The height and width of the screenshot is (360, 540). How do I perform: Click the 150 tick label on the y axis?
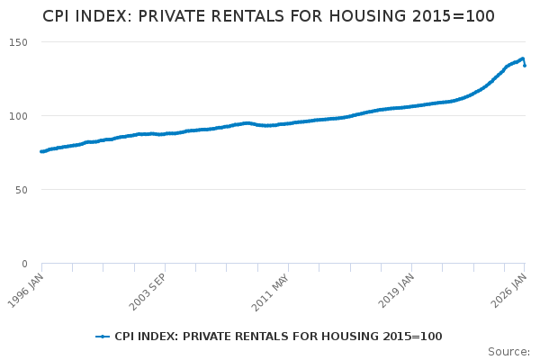[x=18, y=42]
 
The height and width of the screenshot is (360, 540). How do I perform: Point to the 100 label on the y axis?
[x=18, y=116]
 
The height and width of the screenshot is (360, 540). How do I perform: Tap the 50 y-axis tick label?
[x=22, y=190]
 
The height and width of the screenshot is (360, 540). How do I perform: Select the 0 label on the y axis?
[x=24, y=264]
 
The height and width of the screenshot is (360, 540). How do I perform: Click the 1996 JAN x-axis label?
[x=26, y=291]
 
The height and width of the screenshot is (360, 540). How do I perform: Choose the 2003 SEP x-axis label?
[x=148, y=292]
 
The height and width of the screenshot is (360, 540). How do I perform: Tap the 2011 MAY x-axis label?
[x=270, y=292]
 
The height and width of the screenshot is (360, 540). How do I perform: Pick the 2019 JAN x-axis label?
[x=396, y=291]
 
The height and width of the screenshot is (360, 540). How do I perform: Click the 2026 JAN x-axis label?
[x=509, y=291]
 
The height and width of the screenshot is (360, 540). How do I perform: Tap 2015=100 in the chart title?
[x=454, y=16]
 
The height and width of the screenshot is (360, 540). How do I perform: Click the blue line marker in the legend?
[x=103, y=337]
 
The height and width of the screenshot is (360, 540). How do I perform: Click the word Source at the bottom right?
[x=508, y=352]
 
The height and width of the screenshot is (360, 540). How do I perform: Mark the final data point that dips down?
[x=525, y=66]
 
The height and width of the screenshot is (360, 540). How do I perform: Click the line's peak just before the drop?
[x=522, y=58]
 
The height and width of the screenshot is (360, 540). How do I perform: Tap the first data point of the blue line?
[x=41, y=151]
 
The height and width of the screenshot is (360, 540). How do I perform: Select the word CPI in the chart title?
[x=54, y=16]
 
